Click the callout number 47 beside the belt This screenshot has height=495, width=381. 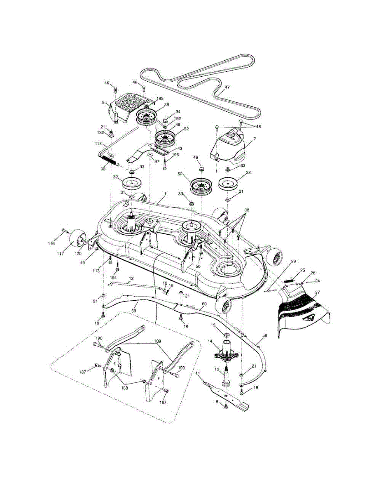click(227, 87)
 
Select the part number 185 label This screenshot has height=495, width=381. click(160, 99)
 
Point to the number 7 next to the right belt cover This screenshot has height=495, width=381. click(255, 139)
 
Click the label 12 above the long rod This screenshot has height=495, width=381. click(131, 279)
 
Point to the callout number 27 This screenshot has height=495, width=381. click(317, 292)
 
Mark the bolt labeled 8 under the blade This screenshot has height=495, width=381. click(226, 406)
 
